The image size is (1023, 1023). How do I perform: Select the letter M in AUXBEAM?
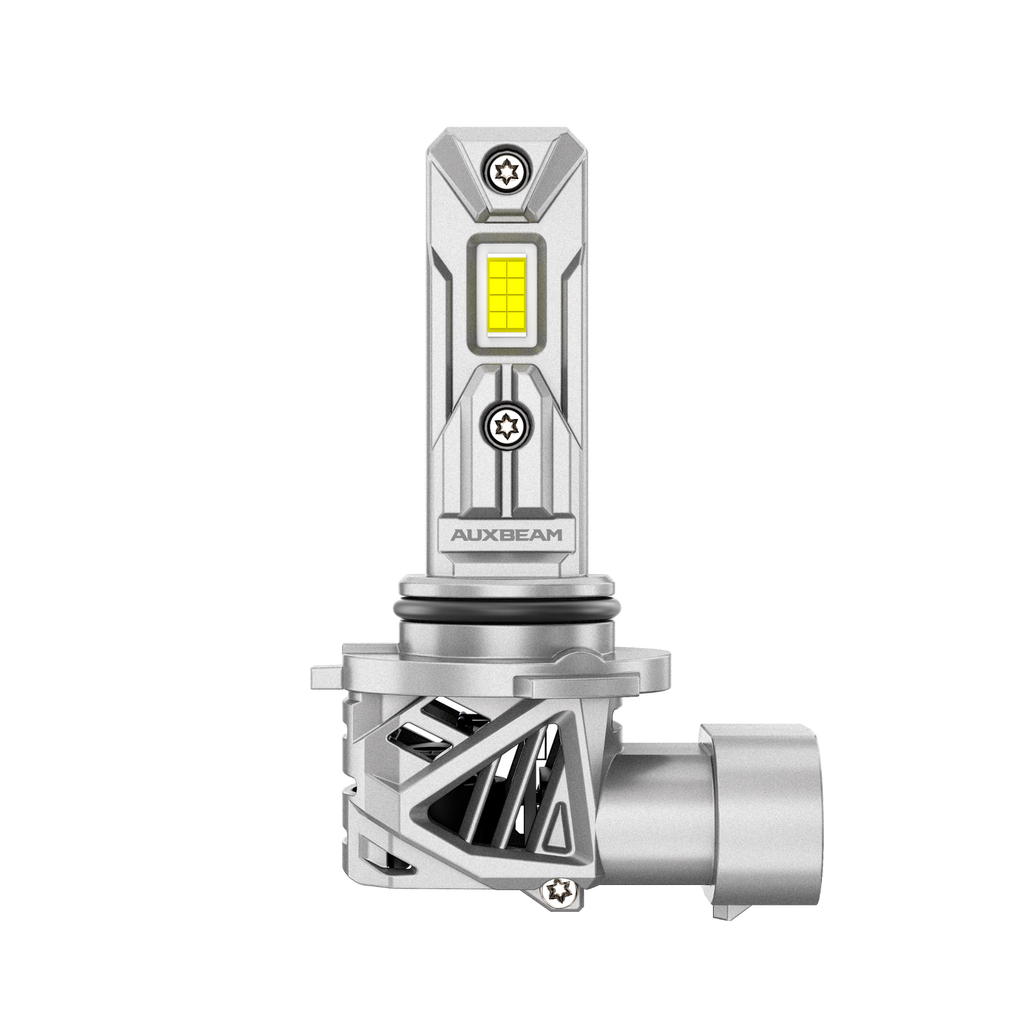pyautogui.click(x=554, y=535)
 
